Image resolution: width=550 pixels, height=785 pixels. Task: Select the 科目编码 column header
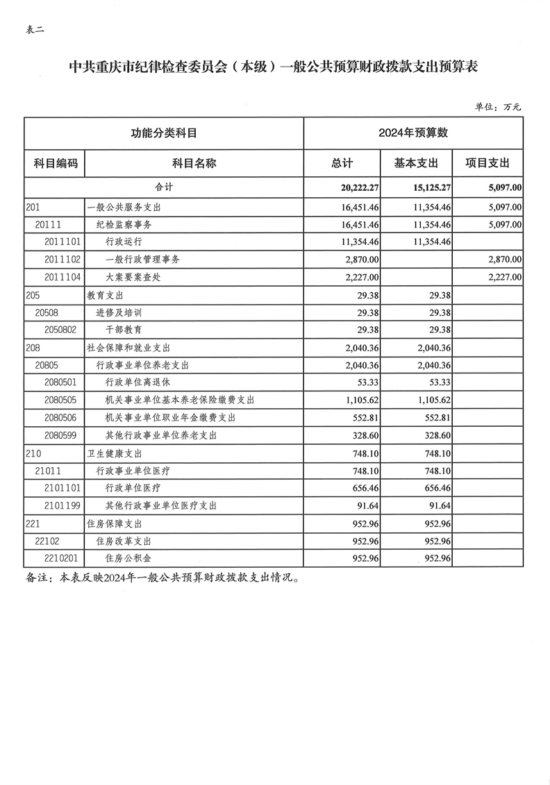tap(55, 163)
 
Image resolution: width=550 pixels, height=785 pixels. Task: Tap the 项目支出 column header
tap(488, 163)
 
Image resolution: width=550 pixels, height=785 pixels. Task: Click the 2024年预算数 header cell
tap(413, 133)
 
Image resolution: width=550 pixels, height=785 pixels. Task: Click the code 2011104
tap(63, 278)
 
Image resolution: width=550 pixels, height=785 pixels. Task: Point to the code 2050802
tap(63, 330)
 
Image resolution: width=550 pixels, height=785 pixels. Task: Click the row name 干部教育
tap(125, 330)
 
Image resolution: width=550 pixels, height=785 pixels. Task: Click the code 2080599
tap(63, 435)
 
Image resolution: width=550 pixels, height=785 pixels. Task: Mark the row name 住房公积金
tap(128, 558)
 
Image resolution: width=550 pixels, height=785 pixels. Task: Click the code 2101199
tap(63, 505)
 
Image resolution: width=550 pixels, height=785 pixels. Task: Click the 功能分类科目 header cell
tap(163, 133)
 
